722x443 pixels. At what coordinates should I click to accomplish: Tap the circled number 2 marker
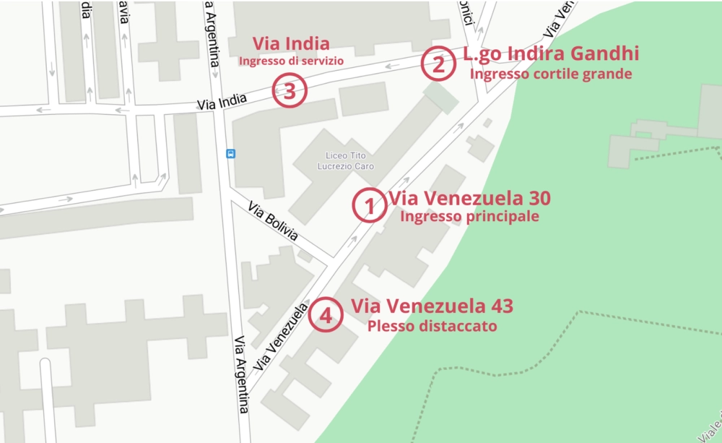[x=438, y=64]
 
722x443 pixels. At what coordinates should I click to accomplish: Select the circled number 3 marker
[x=290, y=92]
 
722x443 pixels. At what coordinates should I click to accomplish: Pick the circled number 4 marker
[x=326, y=315]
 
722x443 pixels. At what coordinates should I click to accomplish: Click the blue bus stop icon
[x=231, y=153]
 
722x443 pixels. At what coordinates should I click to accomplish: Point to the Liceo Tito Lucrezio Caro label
[x=346, y=161]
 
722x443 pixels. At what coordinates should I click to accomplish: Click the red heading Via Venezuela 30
[x=469, y=197]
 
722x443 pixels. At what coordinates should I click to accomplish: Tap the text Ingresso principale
[x=469, y=216]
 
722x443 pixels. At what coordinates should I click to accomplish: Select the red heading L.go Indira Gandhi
[x=551, y=53]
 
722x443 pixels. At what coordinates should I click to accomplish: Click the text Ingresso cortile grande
[x=551, y=74]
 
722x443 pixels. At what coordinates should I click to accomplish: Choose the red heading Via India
[x=291, y=43]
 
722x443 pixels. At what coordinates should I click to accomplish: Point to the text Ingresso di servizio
[x=291, y=61]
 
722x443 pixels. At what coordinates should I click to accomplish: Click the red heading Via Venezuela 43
[x=432, y=306]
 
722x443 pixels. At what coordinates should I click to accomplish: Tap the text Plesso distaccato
[x=432, y=326]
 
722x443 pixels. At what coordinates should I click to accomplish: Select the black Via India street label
[x=222, y=103]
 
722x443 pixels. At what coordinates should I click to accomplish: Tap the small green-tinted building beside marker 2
[x=441, y=98]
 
